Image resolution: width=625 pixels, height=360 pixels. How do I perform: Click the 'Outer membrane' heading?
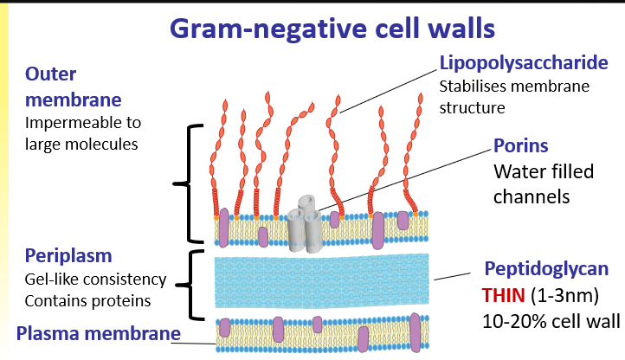[x=62, y=85]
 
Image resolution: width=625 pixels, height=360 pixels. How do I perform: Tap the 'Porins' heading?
[x=521, y=146]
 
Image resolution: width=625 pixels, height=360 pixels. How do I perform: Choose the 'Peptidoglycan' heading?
[x=542, y=270]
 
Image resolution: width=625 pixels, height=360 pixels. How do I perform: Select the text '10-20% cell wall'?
[x=551, y=323]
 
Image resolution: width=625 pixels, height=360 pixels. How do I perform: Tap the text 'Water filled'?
[x=544, y=172]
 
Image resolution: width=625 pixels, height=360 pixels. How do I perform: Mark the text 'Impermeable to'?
[x=83, y=122]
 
